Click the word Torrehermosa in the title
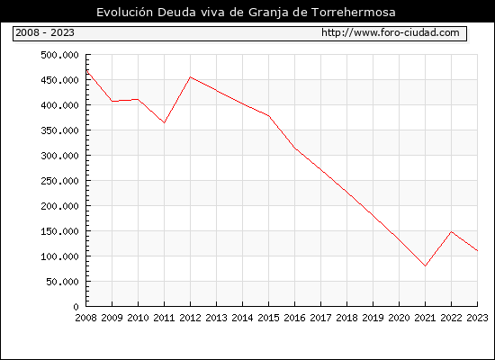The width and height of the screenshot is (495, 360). coord(354,13)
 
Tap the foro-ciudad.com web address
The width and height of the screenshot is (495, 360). coord(391,32)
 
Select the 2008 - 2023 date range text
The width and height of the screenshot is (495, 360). coord(45,32)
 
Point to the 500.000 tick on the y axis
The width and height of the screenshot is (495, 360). coord(59,55)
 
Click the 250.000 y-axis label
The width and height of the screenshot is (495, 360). coord(59,181)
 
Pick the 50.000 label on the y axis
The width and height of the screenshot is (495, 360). coord(62,282)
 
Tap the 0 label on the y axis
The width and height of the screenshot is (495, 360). coord(76,307)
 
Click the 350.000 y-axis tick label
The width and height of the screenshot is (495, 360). coord(59,130)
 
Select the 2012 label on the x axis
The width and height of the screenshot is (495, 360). coord(191,318)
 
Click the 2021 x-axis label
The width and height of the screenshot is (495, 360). coord(425,318)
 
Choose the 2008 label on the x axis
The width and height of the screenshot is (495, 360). coord(85,318)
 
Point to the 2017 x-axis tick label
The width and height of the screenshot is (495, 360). coord(320,318)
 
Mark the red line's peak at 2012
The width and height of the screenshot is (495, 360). coord(191,77)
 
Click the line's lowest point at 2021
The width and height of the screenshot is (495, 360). coord(425,265)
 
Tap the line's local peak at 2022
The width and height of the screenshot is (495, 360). coord(452,232)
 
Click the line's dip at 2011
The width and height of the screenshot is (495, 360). coord(164,122)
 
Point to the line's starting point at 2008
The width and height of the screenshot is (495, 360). coord(86,70)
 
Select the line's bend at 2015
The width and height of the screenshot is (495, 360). coord(269,116)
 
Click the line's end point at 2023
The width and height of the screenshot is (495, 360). coord(477,251)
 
